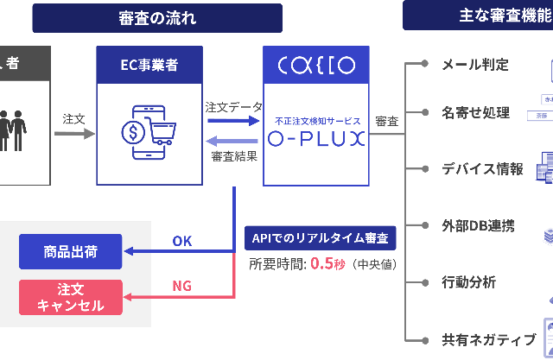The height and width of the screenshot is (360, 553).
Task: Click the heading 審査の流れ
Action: point(156,18)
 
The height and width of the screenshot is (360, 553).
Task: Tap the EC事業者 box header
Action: point(149,66)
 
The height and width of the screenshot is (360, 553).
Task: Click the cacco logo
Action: point(315,66)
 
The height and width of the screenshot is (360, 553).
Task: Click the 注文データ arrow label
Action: point(233,107)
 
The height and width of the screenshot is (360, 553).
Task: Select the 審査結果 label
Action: point(233,155)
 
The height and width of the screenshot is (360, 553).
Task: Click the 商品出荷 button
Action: point(71,252)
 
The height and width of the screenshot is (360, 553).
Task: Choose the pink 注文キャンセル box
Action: point(71,297)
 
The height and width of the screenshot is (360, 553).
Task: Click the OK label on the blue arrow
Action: point(182,241)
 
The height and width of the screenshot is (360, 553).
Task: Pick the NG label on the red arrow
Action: point(182,286)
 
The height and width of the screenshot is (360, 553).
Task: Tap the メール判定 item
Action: point(475,64)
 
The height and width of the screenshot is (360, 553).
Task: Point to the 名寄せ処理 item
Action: point(476,112)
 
